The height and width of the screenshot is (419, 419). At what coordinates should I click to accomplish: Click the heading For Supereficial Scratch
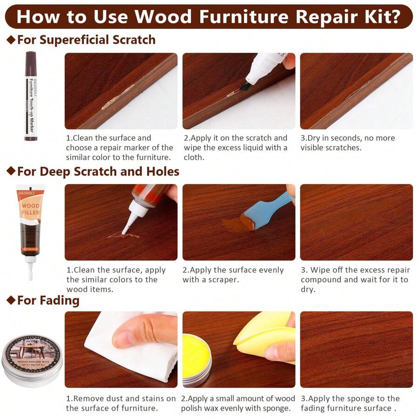tap(86, 40)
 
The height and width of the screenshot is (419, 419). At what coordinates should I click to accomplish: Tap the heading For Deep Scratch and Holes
tap(98, 172)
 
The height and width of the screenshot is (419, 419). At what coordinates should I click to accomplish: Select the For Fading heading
tap(48, 301)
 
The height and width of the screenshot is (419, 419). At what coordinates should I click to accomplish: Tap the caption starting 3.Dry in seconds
tap(347, 143)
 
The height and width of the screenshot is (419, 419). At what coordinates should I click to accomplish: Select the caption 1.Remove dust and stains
tap(121, 403)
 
